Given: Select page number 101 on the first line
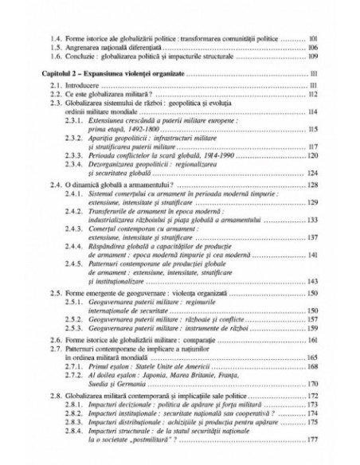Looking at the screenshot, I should [x=314, y=37].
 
